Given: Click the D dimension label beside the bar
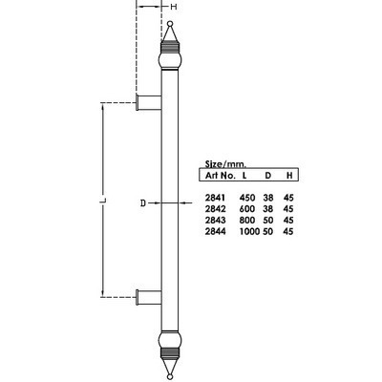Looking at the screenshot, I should tap(142, 203).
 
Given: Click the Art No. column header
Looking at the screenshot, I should tap(221, 176).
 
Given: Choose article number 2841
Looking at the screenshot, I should tap(215, 199).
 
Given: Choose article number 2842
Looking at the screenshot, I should tap(215, 210).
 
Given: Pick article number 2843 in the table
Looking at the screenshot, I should tap(215, 221).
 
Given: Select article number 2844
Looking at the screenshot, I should tap(215, 231).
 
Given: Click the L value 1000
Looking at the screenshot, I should tap(251, 231).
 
